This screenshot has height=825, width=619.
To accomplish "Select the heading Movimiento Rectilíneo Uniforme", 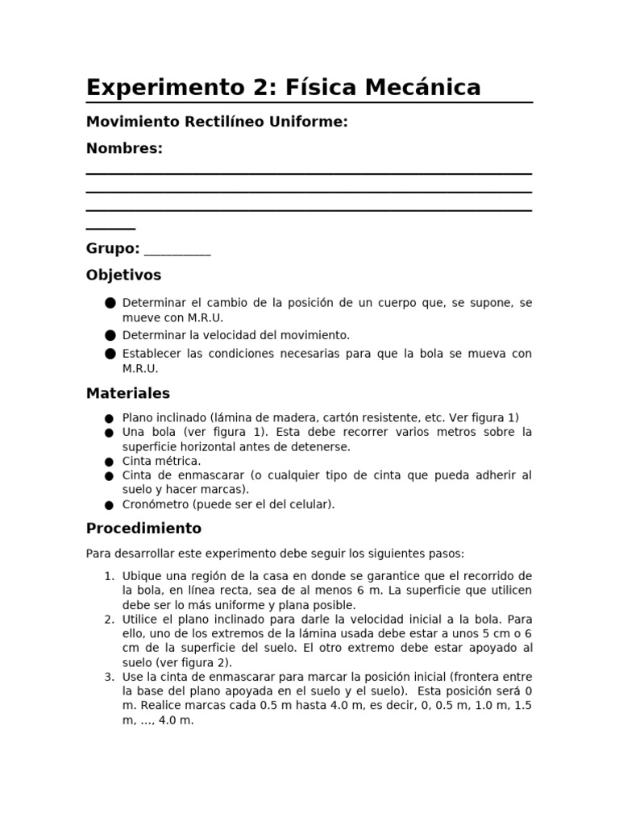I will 217,122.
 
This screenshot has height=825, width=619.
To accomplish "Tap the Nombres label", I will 124,148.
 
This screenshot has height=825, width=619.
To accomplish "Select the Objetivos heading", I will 123,276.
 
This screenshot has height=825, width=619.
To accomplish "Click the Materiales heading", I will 128,393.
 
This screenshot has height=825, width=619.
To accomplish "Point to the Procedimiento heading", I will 143,529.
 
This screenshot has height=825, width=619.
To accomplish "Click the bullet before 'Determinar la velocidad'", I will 110,335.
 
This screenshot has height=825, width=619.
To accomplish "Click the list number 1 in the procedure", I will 110,576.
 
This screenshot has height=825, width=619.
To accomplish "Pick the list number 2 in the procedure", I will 110,620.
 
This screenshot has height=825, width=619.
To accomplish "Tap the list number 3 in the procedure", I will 110,678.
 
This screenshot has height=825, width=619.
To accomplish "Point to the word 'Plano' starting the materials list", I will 136,417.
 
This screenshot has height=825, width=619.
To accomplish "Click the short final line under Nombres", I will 110,230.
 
